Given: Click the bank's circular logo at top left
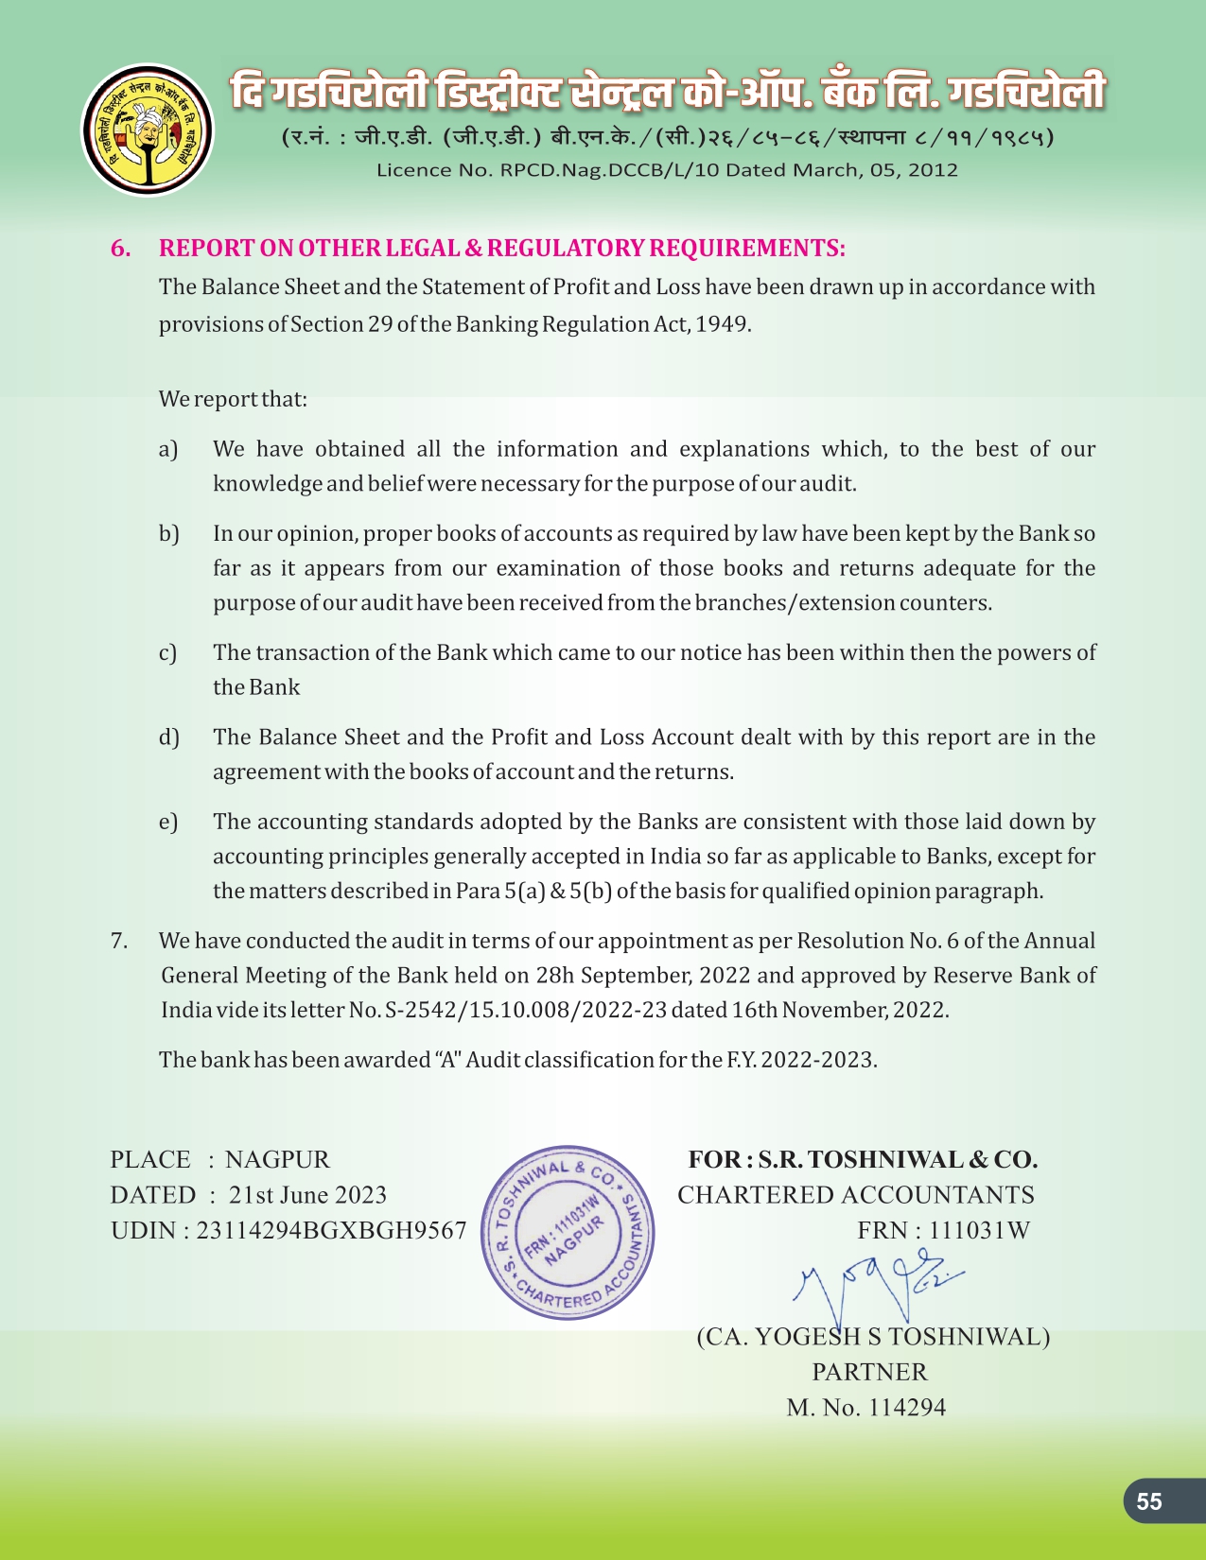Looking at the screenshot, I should [148, 130].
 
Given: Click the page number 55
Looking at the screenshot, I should [1149, 1501].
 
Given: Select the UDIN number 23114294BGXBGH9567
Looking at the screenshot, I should [331, 1230].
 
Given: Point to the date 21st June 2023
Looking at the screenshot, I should [307, 1195].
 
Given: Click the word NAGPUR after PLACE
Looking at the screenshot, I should [277, 1159].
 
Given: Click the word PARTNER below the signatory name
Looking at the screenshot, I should [869, 1372].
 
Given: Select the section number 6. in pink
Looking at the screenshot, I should [121, 249].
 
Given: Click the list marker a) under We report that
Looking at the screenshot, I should [168, 449].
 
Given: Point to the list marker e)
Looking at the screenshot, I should [168, 822].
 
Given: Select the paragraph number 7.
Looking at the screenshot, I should [119, 941].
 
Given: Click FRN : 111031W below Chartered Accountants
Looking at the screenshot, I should [943, 1230].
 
